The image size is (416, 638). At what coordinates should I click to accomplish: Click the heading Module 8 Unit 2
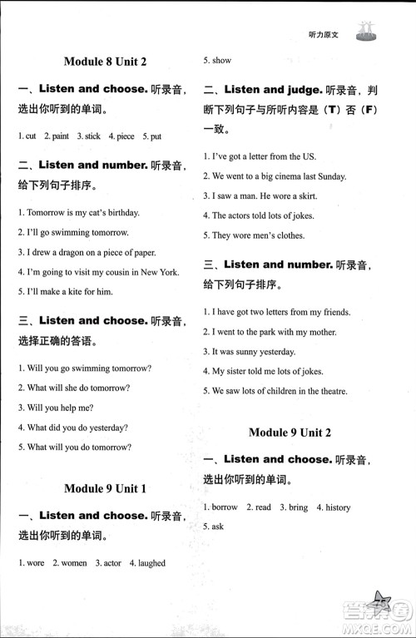coord(105,61)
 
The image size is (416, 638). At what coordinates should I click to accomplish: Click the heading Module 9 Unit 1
coord(105,488)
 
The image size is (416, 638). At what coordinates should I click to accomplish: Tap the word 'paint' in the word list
coord(59,136)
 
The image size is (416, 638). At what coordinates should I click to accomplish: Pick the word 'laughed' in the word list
coord(150,563)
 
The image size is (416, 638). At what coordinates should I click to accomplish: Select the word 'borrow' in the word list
coord(225,507)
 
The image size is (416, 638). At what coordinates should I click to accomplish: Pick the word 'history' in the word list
coord(338,507)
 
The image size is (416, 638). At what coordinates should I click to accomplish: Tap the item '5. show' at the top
coord(218,61)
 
